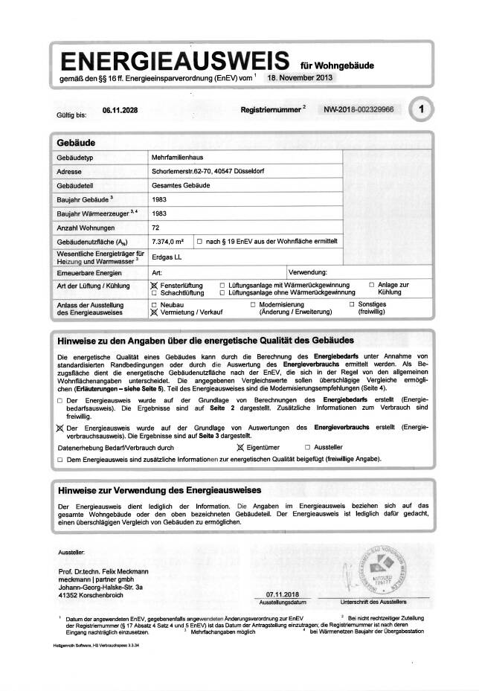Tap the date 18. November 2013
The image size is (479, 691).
[x=301, y=77]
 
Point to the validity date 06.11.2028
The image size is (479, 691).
[x=120, y=110]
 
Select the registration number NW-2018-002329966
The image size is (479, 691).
[x=359, y=109]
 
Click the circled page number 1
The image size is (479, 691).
[x=421, y=110]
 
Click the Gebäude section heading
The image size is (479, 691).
[x=76, y=141]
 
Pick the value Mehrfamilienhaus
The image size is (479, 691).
[x=178, y=158]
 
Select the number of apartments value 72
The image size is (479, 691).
[x=155, y=227]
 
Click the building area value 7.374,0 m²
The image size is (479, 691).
[x=167, y=241]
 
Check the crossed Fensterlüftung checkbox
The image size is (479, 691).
[x=154, y=286]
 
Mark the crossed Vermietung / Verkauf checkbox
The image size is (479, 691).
[x=154, y=313]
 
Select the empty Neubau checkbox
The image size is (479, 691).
[x=154, y=305]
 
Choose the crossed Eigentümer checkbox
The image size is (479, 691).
[x=239, y=448]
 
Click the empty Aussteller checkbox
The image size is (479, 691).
[x=307, y=448]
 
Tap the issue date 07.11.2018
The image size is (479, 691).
[x=280, y=594]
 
